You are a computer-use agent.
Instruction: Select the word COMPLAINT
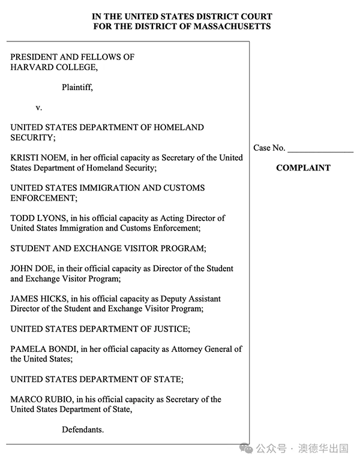tap(303, 168)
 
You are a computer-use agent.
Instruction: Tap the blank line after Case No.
tap(320, 148)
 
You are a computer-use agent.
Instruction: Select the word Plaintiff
tap(77, 88)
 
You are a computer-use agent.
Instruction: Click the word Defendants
tap(83, 430)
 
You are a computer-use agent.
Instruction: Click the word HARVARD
tap(30, 67)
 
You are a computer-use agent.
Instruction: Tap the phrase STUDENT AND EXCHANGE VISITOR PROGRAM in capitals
tap(108, 249)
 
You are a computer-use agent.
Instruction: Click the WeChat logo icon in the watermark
tap(246, 448)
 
